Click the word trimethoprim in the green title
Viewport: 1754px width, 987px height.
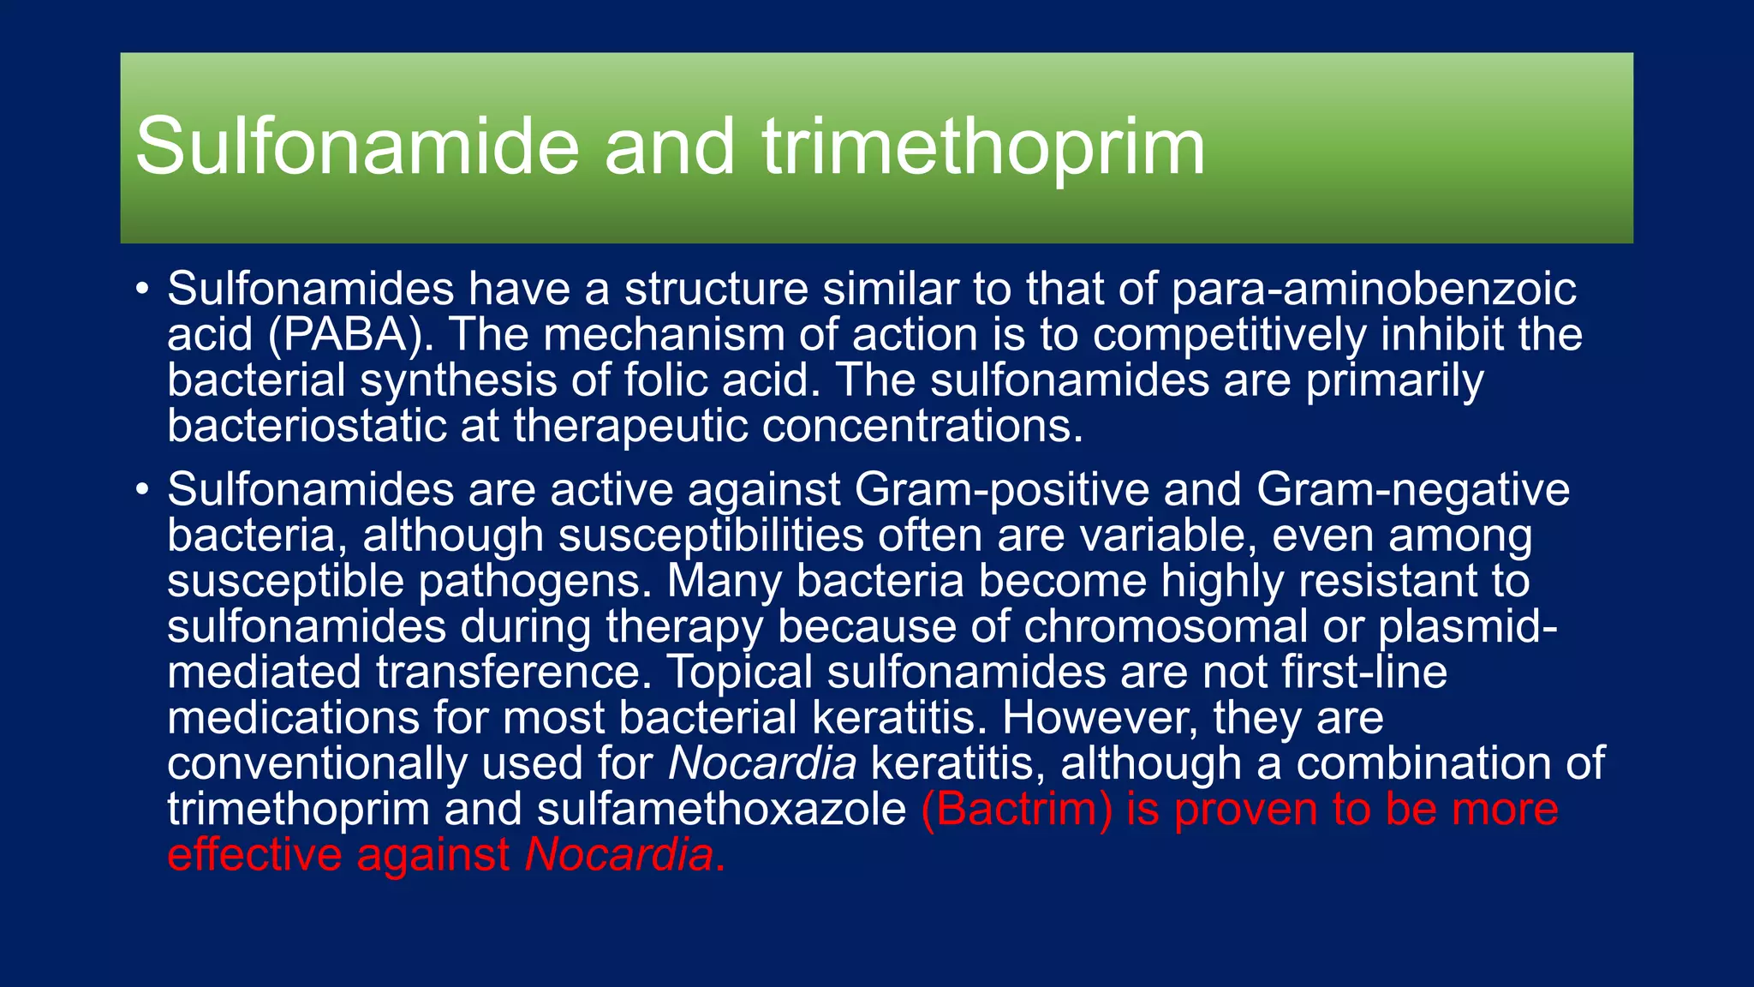click(x=983, y=147)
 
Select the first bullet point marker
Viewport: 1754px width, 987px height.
click(x=142, y=289)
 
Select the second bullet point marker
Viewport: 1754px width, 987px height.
click(x=142, y=490)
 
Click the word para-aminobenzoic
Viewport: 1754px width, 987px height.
click(x=1373, y=290)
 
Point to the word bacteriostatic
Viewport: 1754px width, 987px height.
click(x=307, y=426)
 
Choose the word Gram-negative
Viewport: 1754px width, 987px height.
click(x=1412, y=490)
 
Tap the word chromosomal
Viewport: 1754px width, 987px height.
click(x=1165, y=626)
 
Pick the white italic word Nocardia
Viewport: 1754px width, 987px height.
click(x=761, y=763)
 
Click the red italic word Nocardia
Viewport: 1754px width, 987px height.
click(x=619, y=855)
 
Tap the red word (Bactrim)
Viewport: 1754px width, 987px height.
click(x=1016, y=810)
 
